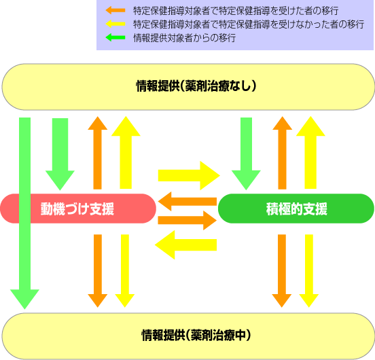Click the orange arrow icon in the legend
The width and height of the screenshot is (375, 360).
pyautogui.click(x=115, y=10)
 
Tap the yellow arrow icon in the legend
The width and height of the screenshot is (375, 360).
pyautogui.click(x=115, y=24)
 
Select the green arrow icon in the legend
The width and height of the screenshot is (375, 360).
pyautogui.click(x=115, y=37)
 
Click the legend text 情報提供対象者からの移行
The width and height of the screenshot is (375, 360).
pyautogui.click(x=184, y=38)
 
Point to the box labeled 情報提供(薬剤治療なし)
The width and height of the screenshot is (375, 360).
pyautogui.click(x=188, y=87)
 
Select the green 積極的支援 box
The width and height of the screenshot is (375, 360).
pyautogui.click(x=296, y=209)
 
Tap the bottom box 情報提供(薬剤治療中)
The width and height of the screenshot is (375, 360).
pyautogui.click(x=188, y=336)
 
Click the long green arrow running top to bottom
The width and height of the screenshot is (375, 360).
pyautogui.click(x=24, y=213)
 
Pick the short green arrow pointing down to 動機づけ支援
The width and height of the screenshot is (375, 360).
pyautogui.click(x=60, y=154)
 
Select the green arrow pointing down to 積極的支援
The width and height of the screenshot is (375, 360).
pyautogui.click(x=246, y=154)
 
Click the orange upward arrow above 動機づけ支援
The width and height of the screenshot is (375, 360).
pyautogui.click(x=98, y=153)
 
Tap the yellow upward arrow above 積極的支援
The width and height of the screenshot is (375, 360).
pyautogui.click(x=310, y=153)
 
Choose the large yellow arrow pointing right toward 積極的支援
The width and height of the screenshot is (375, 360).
pyautogui.click(x=189, y=175)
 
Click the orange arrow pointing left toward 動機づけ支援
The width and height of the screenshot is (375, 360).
pyautogui.click(x=187, y=202)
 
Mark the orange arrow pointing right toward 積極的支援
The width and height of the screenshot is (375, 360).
pyautogui.click(x=187, y=220)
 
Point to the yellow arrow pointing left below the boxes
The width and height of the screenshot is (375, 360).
pyautogui.click(x=186, y=245)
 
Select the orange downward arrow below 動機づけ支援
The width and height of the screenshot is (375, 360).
pyautogui.click(x=98, y=271)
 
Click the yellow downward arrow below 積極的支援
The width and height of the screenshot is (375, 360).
pyautogui.click(x=309, y=271)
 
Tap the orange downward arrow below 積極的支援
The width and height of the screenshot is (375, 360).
pyautogui.click(x=282, y=271)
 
